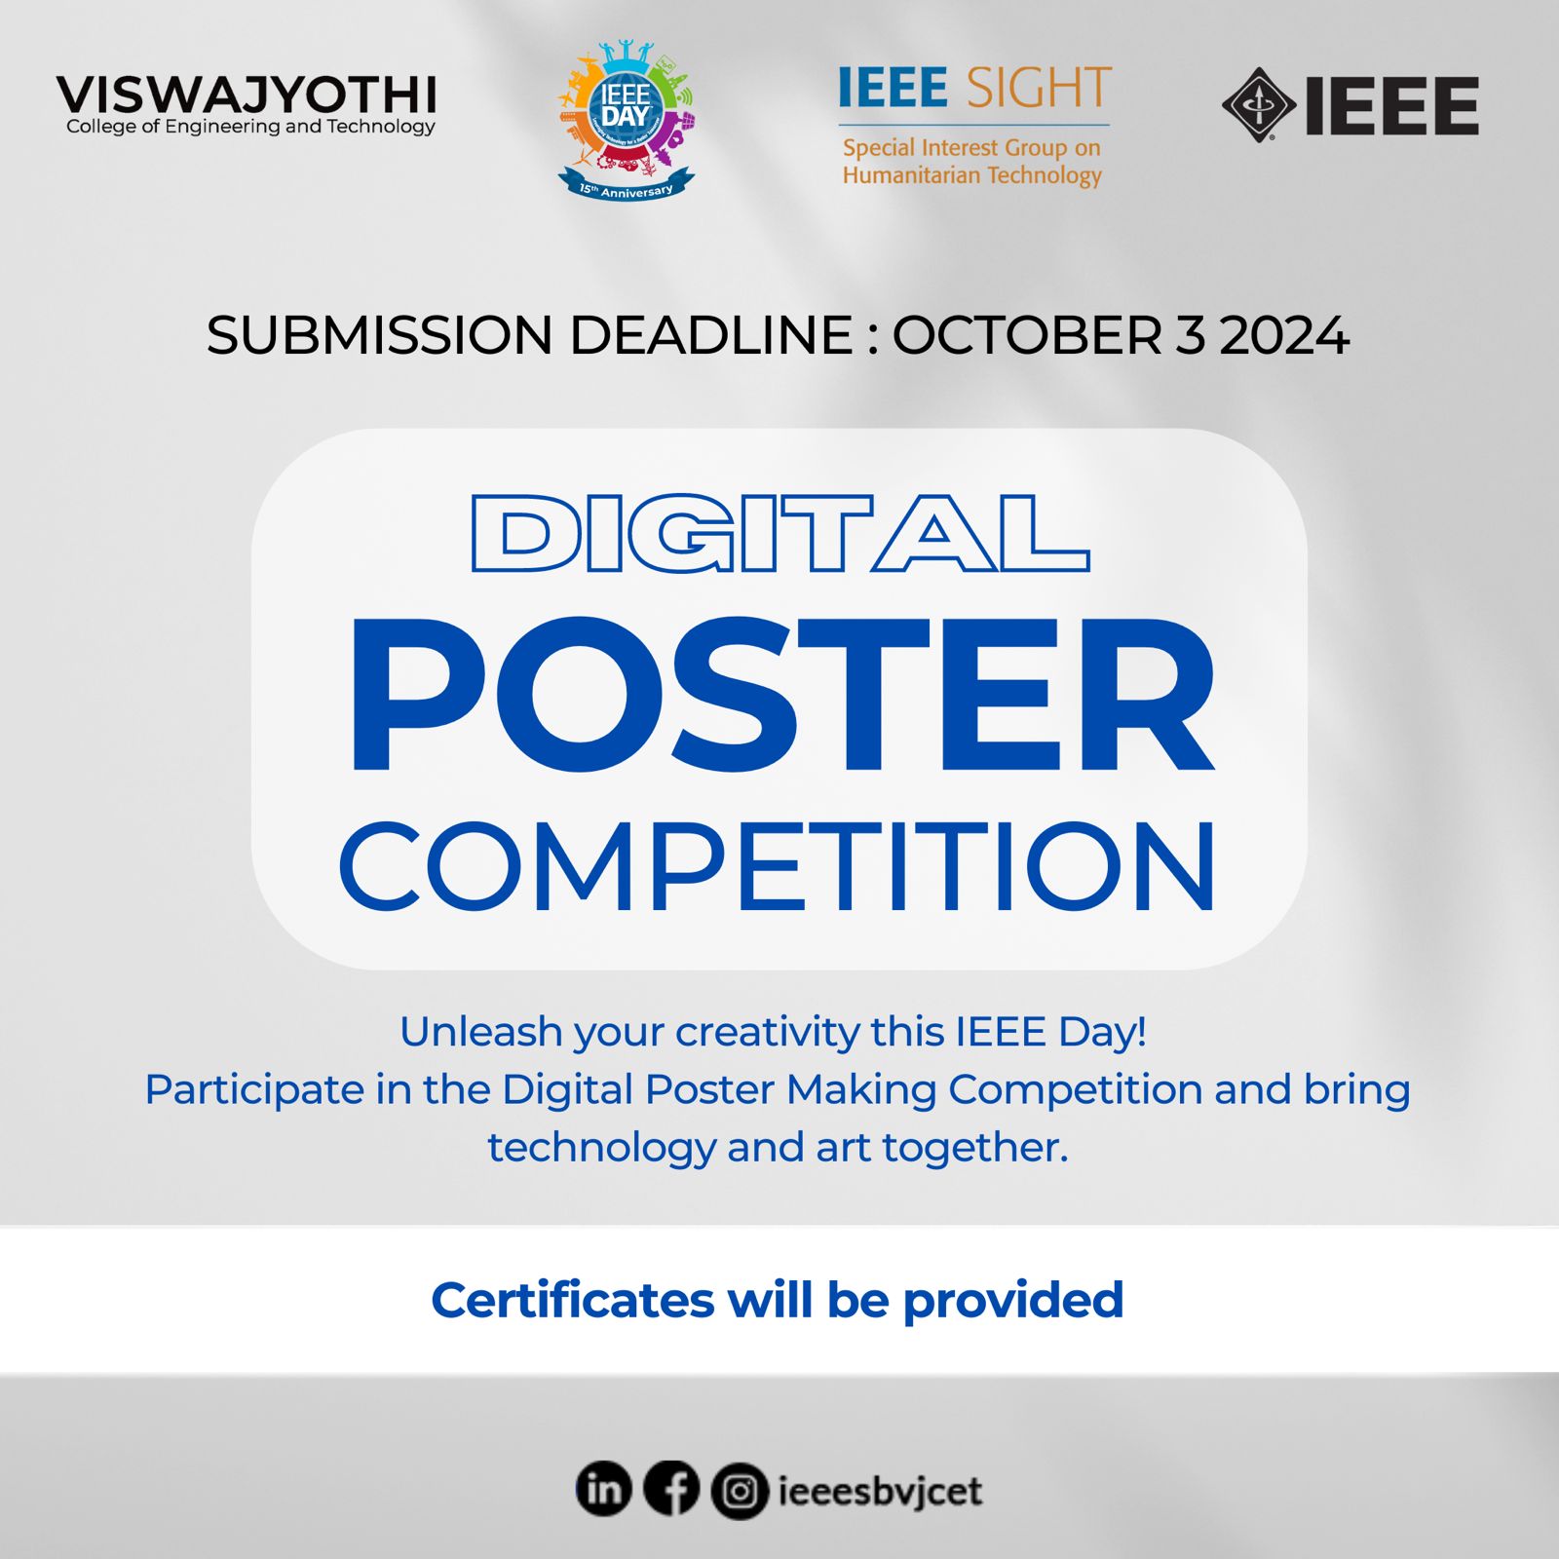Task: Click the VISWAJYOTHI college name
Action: pos(246,95)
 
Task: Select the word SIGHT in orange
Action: pos(1039,88)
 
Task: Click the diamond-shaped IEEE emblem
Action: pos(1259,104)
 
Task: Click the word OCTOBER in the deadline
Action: pos(1028,335)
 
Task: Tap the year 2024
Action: pos(1284,335)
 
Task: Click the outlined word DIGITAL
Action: pos(779,532)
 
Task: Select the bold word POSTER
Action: pos(781,695)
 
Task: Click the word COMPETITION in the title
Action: pos(778,865)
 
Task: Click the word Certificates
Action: pos(573,1300)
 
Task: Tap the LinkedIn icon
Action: pos(604,1490)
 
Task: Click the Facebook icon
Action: pos(671,1490)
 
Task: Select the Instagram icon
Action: pos(740,1492)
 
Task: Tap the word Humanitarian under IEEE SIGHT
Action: pos(911,175)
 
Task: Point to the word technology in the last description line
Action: pos(602,1148)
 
